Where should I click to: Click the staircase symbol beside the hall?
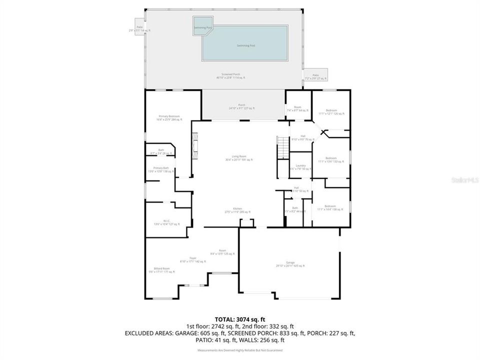(283, 148)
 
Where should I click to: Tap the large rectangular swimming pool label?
(245, 45)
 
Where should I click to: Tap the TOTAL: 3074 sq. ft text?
(240, 318)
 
